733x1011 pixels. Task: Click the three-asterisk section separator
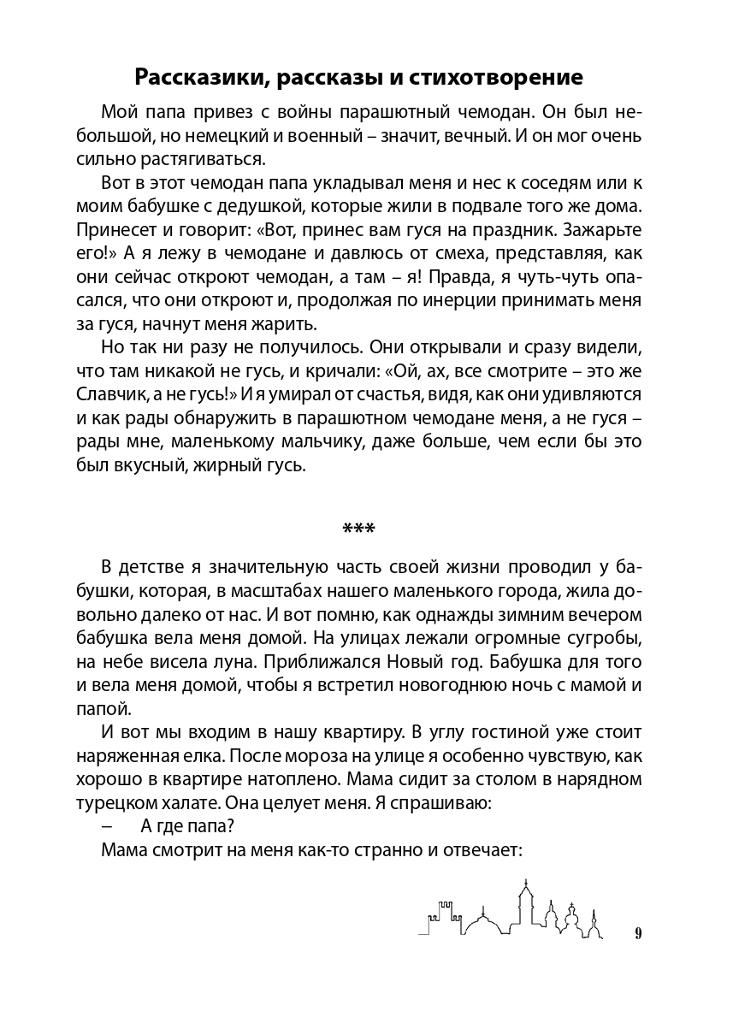(358, 529)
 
